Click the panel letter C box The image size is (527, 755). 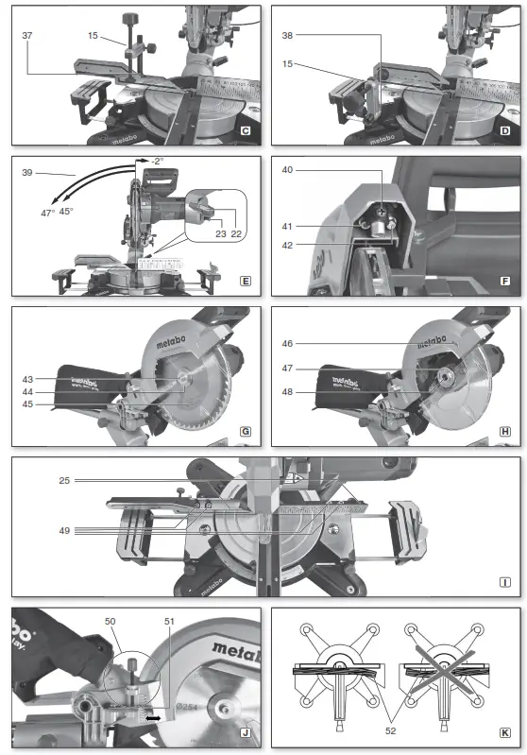pyautogui.click(x=245, y=129)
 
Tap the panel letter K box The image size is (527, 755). pyautogui.click(x=506, y=732)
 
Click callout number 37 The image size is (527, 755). pyautogui.click(x=27, y=34)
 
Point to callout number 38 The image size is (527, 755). pyautogui.click(x=288, y=34)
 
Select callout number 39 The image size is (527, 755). pyautogui.click(x=27, y=174)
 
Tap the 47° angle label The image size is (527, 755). pyautogui.click(x=46, y=213)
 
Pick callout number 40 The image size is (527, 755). pyautogui.click(x=287, y=170)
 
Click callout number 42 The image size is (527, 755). pyautogui.click(x=287, y=245)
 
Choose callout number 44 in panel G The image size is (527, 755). pyautogui.click(x=27, y=392)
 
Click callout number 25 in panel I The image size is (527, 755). pyautogui.click(x=65, y=481)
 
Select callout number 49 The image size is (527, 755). pyautogui.click(x=65, y=530)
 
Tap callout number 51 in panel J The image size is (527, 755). pyautogui.click(x=170, y=620)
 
